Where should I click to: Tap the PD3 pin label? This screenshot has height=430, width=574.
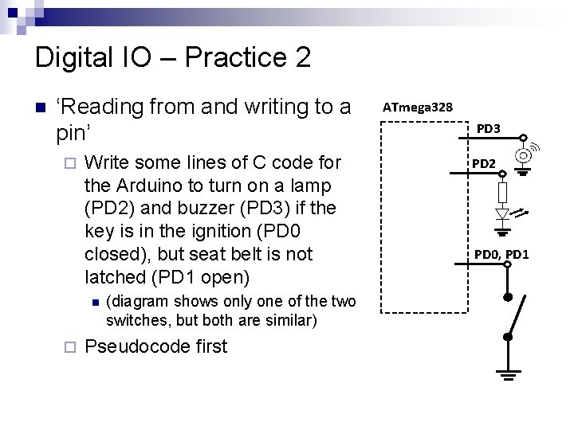[488, 128]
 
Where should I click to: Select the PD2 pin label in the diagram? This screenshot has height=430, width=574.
[484, 163]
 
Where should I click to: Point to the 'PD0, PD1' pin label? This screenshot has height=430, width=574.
[501, 255]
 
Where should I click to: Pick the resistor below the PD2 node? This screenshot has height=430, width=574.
[501, 191]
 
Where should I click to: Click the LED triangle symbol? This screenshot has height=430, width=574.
[502, 214]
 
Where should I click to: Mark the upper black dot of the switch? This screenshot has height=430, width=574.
[505, 296]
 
